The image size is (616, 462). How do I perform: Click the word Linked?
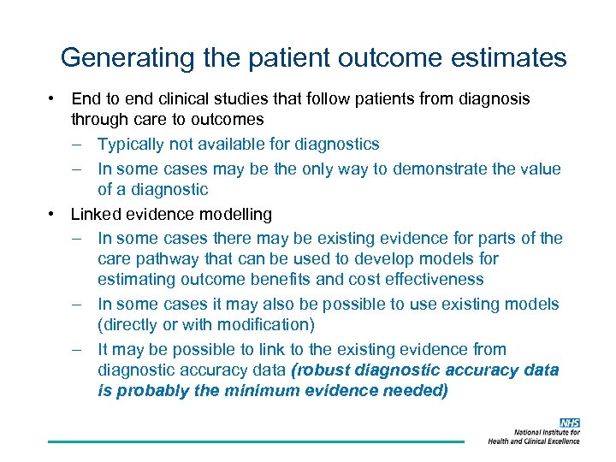click(x=96, y=214)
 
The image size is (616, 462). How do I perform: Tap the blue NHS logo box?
click(x=569, y=423)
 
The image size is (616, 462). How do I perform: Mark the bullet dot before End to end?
click(x=52, y=99)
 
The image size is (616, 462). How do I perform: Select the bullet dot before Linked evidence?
click(x=52, y=214)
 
